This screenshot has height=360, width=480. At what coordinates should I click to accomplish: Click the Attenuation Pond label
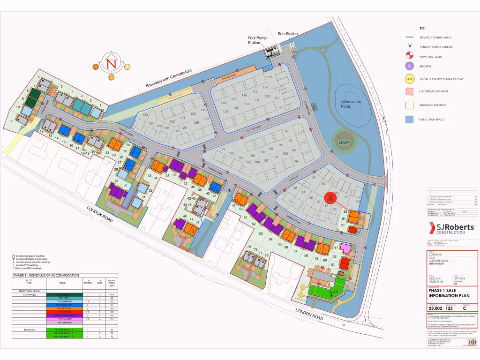[351, 104]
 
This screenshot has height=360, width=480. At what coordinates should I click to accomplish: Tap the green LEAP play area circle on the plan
[344, 142]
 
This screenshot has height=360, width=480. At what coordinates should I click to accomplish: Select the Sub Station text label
[287, 34]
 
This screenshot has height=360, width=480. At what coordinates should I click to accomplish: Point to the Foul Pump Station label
[254, 40]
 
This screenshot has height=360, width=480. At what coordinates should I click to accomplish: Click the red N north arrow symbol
[111, 64]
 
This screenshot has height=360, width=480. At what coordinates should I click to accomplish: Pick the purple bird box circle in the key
[409, 66]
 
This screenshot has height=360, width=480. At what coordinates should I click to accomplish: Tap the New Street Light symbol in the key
[409, 56]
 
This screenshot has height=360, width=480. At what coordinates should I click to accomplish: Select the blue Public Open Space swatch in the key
[409, 120]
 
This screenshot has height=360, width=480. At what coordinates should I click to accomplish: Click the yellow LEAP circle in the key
[409, 79]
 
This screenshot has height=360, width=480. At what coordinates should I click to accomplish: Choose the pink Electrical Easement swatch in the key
[409, 91]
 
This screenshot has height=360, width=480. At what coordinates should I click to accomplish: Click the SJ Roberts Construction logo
[452, 228]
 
